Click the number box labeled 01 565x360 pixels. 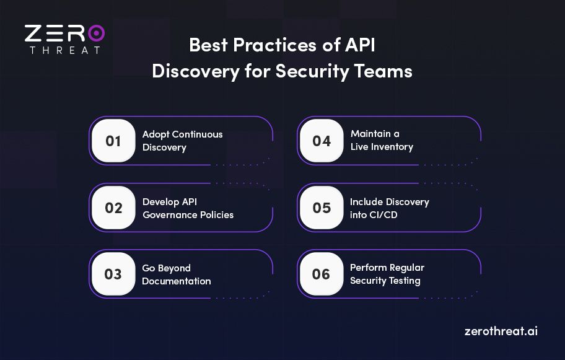(x=113, y=141)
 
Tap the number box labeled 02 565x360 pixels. (x=113, y=208)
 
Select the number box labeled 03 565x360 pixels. (x=113, y=274)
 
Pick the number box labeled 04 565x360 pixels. (x=322, y=141)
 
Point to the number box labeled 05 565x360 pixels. (x=322, y=208)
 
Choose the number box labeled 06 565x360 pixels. (x=322, y=274)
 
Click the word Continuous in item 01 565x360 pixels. (x=197, y=134)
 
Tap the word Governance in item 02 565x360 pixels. (x=167, y=214)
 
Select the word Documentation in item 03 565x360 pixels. (x=177, y=281)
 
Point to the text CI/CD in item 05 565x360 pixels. (x=386, y=214)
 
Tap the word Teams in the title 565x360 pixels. (x=386, y=71)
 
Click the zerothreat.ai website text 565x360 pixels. (x=501, y=331)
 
